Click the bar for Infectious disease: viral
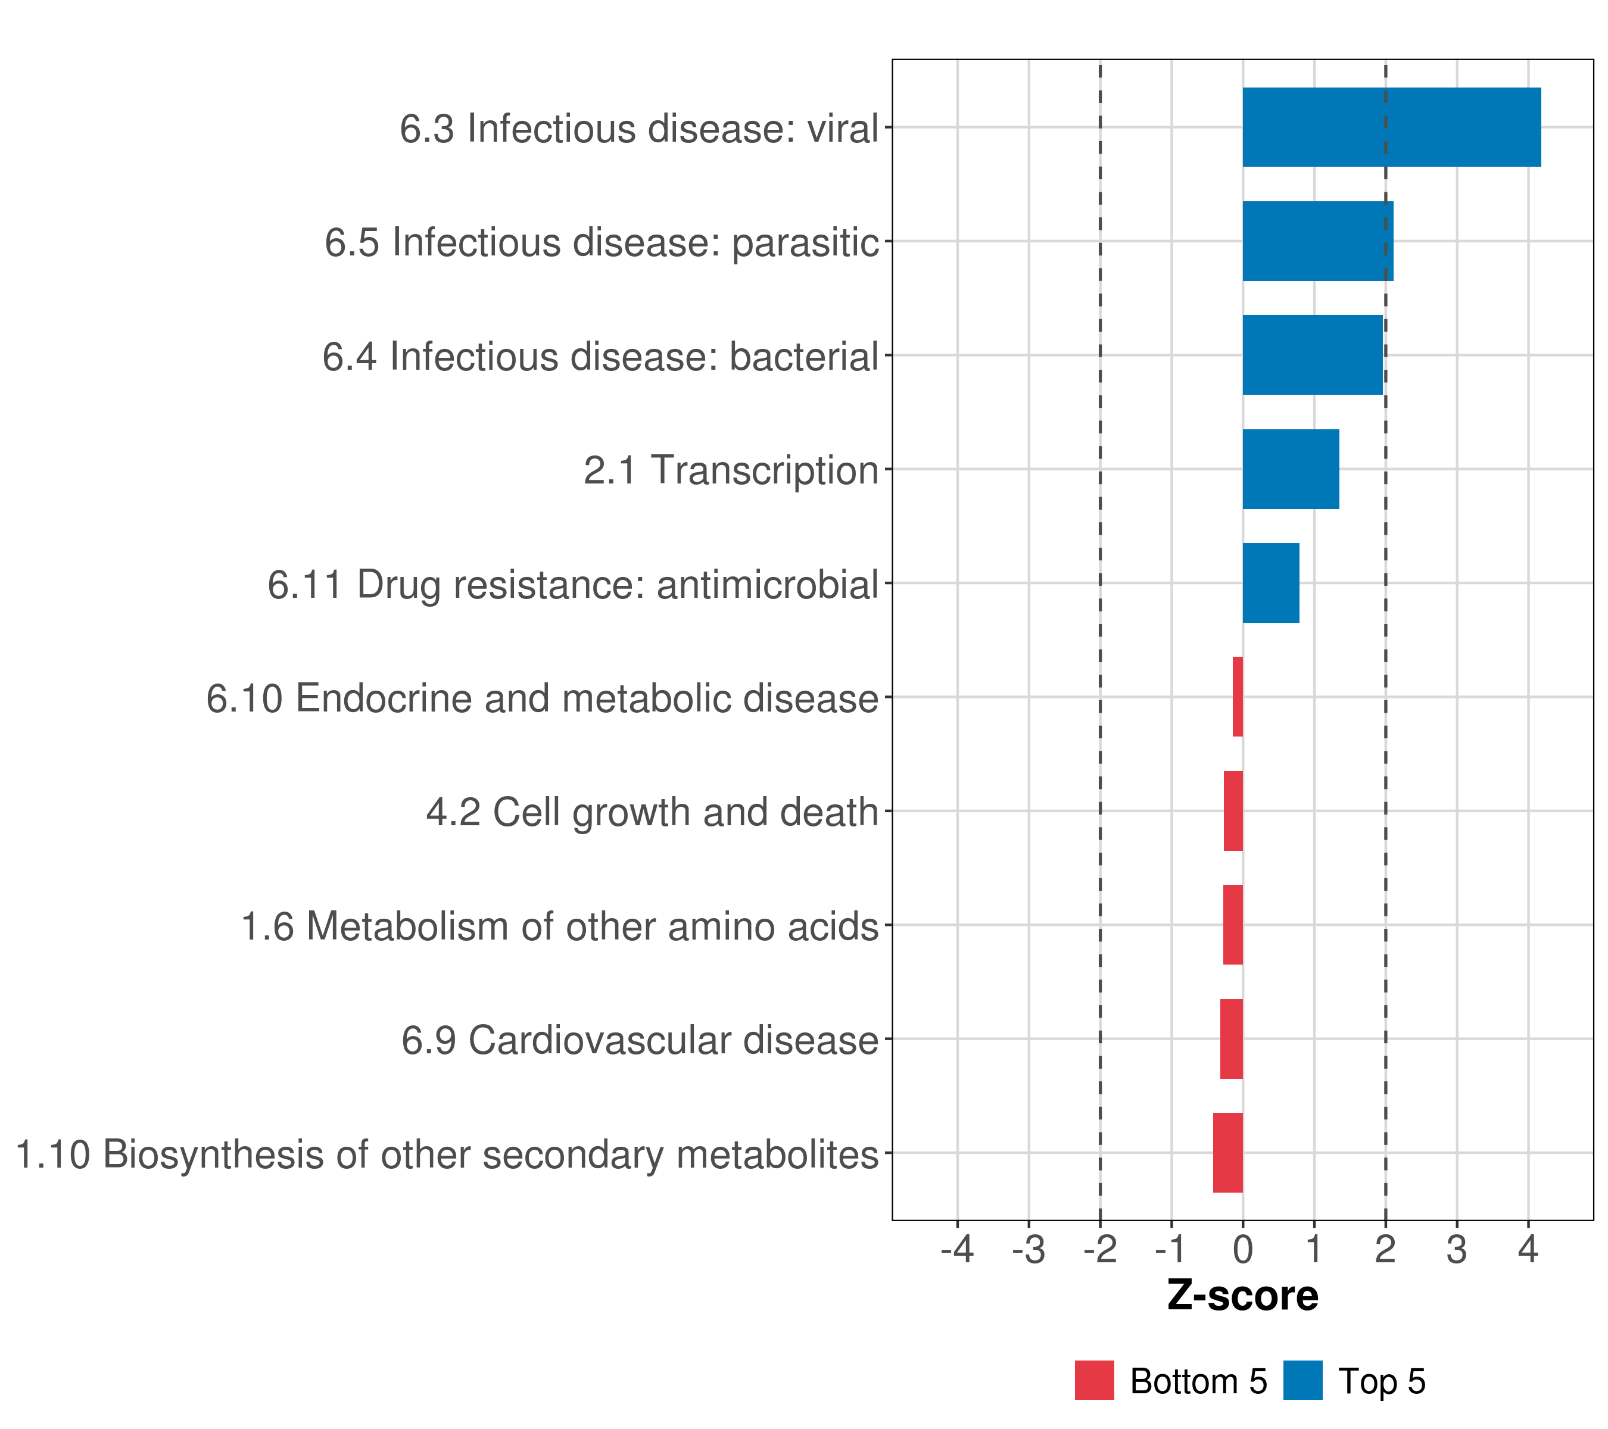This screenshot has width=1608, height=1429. click(x=1391, y=127)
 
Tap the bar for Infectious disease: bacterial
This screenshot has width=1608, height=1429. click(x=1312, y=355)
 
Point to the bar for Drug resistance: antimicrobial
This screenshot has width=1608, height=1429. click(x=1270, y=583)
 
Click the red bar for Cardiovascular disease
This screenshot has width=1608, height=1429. click(x=1231, y=1039)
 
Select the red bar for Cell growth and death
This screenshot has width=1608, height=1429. click(x=1233, y=811)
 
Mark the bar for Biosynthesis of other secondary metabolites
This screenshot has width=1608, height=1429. click(x=1227, y=1153)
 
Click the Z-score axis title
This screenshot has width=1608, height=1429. click(x=1242, y=1295)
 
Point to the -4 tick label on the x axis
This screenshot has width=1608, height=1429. click(x=956, y=1250)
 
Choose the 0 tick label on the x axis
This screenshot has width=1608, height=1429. click(x=1242, y=1250)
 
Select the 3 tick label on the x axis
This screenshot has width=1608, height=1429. click(x=1456, y=1250)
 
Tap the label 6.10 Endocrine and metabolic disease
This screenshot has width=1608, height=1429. click(x=542, y=698)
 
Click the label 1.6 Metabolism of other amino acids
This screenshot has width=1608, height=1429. click(x=559, y=926)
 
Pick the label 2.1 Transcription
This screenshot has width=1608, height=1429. click(x=731, y=470)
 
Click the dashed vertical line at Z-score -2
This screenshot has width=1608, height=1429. click(x=1100, y=755)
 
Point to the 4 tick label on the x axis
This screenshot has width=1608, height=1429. click(x=1528, y=1250)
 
